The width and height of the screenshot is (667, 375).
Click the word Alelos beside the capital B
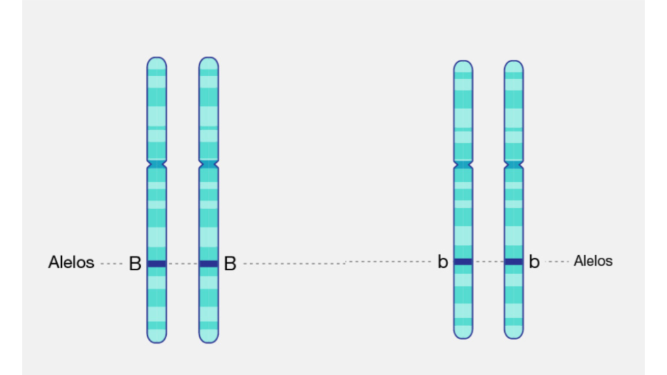pos(71,262)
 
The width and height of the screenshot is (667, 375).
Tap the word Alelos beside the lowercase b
pos(593,261)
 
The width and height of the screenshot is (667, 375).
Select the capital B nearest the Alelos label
pos(135,264)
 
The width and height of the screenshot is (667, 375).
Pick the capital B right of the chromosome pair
pos(230,264)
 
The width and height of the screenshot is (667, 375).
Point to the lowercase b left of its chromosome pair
pos(443,262)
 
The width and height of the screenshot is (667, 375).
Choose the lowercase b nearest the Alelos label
pos(534,262)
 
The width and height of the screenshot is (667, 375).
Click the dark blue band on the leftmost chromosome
pos(156,264)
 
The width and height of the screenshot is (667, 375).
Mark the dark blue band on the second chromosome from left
pos(208,264)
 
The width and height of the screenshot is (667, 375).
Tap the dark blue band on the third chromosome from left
pos(463,262)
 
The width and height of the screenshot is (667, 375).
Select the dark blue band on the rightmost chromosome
pos(514,262)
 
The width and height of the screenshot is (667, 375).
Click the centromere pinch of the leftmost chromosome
pos(156,163)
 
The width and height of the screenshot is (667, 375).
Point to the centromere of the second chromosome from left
pos(208,163)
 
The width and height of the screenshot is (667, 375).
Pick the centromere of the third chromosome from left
pos(463,162)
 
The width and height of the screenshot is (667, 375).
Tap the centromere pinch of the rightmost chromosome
pos(514,162)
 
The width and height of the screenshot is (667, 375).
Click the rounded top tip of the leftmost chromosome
pos(156,61)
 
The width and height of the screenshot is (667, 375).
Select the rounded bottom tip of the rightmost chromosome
pos(514,335)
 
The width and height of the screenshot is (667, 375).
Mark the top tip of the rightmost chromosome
pos(514,64)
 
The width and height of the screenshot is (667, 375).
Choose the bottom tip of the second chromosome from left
pos(208,339)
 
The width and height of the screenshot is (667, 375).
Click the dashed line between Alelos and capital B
pos(111,264)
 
